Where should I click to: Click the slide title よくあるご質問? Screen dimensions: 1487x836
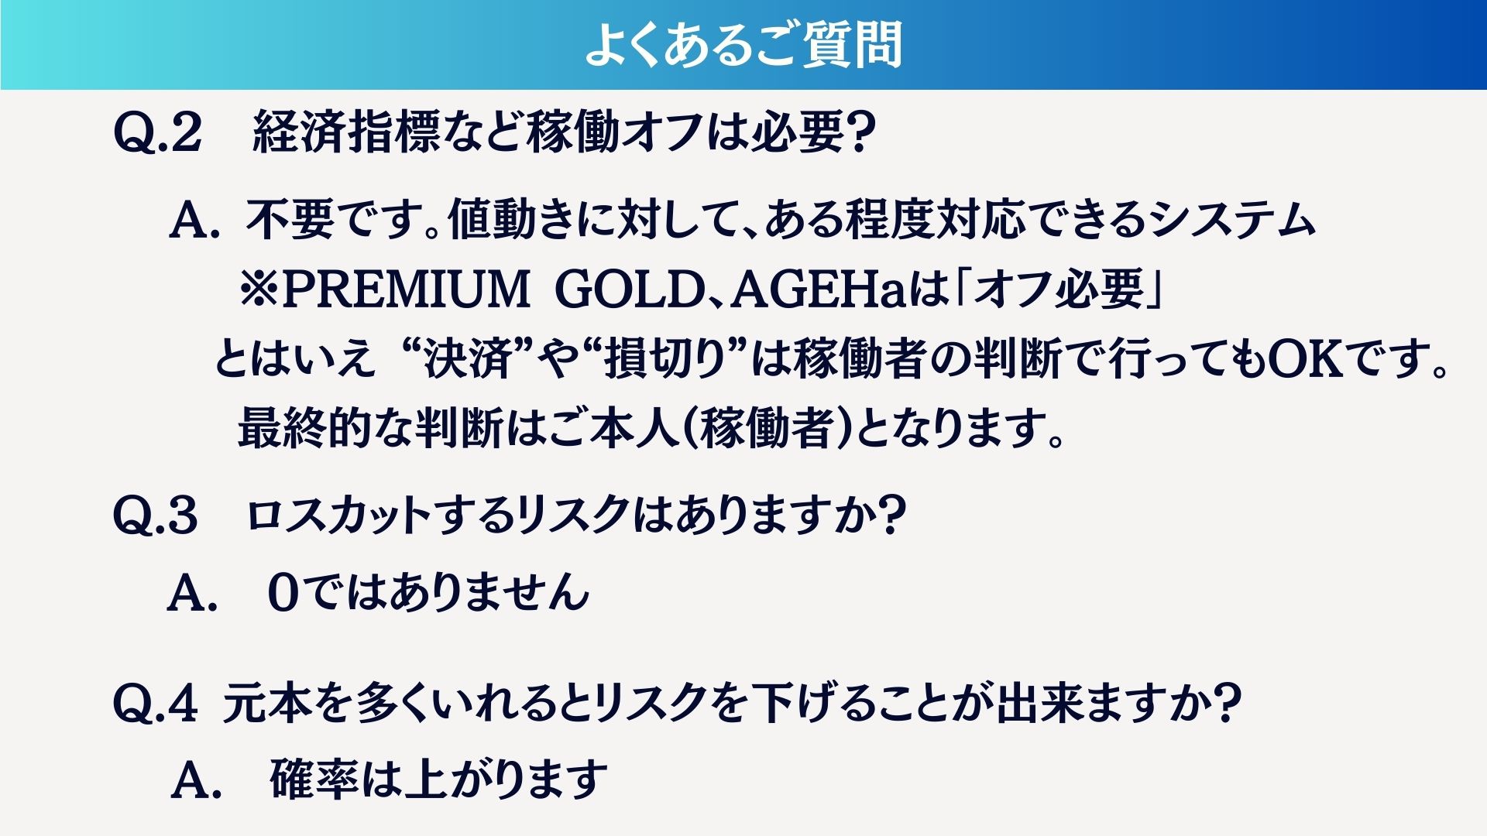point(743,44)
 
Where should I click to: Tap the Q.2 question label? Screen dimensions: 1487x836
point(157,133)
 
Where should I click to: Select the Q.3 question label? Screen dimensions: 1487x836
point(156,516)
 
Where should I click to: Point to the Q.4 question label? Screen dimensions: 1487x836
point(156,704)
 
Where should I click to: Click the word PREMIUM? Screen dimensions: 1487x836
point(406,289)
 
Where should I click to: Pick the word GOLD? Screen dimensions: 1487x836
point(629,289)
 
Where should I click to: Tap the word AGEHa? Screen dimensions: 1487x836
point(819,289)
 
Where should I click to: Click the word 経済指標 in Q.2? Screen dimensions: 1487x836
point(346,132)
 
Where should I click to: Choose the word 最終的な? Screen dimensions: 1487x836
point(326,428)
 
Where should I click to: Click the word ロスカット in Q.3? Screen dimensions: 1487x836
point(338,516)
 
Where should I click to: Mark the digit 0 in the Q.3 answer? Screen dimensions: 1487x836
point(283,593)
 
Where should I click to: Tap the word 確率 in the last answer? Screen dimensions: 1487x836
point(314,779)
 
